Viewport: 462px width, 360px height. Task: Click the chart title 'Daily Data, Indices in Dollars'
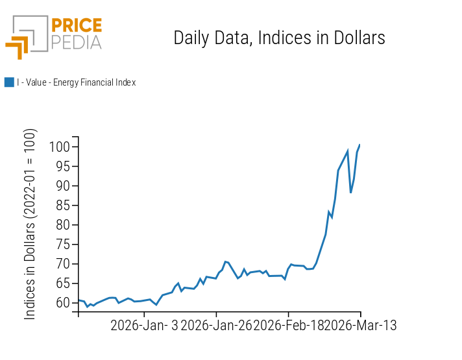pyautogui.click(x=279, y=38)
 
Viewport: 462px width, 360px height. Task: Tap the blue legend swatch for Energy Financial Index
pyautogui.click(x=9, y=82)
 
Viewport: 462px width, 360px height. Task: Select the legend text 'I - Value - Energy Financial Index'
pyautogui.click(x=76, y=82)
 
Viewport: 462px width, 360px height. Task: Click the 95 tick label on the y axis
pyautogui.click(x=62, y=167)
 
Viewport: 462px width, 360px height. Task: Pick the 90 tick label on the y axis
pyautogui.click(x=62, y=186)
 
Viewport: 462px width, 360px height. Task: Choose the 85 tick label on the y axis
pyautogui.click(x=62, y=206)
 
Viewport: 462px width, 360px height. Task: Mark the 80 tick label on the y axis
pyautogui.click(x=62, y=225)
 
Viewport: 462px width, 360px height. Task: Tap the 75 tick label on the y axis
pyautogui.click(x=62, y=245)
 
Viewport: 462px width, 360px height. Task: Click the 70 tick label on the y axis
pyautogui.click(x=62, y=264)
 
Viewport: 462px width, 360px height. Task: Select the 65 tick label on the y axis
pyautogui.click(x=62, y=283)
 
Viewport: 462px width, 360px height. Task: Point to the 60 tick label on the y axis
pyautogui.click(x=62, y=303)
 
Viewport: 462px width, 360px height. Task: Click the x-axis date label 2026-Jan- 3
pyautogui.click(x=144, y=326)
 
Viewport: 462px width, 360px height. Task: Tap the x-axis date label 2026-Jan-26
pyautogui.click(x=216, y=326)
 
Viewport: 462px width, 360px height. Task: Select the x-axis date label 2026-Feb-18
pyautogui.click(x=288, y=326)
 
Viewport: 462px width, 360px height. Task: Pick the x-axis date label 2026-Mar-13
pyautogui.click(x=360, y=326)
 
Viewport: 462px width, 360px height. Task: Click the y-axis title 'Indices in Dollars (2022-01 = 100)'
pyautogui.click(x=30, y=224)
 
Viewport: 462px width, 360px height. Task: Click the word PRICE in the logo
pyautogui.click(x=76, y=26)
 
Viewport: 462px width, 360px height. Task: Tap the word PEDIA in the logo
pyautogui.click(x=76, y=42)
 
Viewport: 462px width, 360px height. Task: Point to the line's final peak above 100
pyautogui.click(x=359, y=145)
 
